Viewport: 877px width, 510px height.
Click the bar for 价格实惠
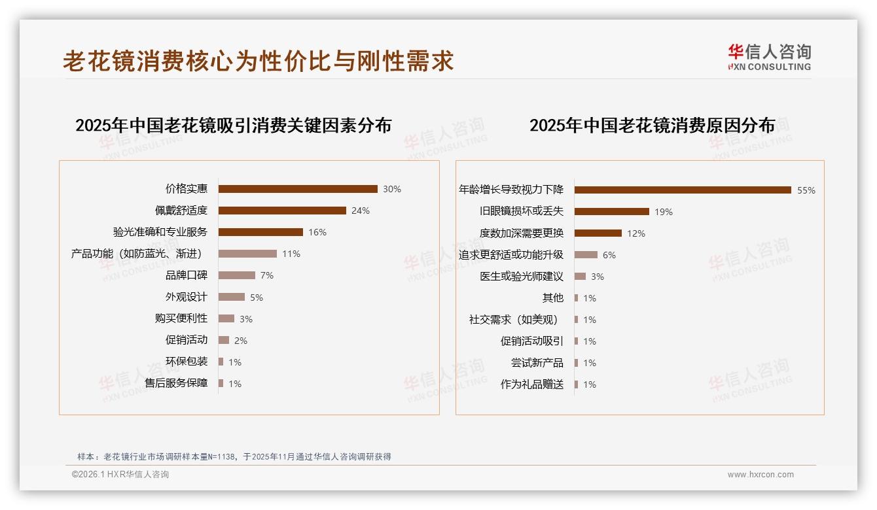click(298, 189)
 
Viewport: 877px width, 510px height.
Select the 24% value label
click(361, 211)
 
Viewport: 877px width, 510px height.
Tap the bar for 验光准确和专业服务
click(260, 232)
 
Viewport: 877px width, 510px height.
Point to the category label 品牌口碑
click(187, 275)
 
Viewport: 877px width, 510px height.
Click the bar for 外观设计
click(232, 297)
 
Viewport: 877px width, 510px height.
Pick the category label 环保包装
click(187, 362)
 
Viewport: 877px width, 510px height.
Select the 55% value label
click(806, 190)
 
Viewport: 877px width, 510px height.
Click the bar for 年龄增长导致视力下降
click(683, 190)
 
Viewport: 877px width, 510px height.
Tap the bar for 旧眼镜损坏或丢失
click(612, 212)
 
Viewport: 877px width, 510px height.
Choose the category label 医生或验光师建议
click(522, 277)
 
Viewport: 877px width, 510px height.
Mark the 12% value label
click(636, 233)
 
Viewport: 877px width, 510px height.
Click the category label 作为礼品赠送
click(532, 384)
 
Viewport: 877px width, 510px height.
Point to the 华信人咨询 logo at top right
click(769, 57)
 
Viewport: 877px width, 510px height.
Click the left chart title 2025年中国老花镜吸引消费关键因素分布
click(234, 126)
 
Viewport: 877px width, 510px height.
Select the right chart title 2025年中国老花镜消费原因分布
click(652, 126)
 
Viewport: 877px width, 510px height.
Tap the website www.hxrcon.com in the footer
click(761, 475)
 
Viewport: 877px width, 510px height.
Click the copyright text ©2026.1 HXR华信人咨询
click(120, 475)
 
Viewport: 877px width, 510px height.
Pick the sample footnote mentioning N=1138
click(234, 456)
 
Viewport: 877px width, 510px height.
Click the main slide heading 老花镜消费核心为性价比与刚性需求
click(259, 61)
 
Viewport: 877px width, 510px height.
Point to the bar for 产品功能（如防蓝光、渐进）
click(247, 254)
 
